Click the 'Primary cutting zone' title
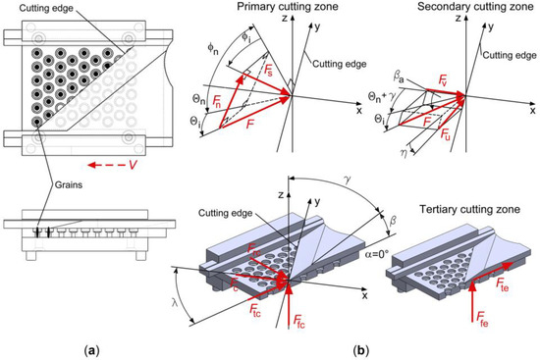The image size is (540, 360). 288,6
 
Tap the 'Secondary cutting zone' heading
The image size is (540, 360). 475,6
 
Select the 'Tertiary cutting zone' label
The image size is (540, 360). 469,209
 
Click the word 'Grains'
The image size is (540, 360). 69,184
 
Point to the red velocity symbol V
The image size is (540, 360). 133,165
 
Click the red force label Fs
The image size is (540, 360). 268,73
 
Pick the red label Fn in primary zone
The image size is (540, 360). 217,102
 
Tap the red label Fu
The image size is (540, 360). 446,134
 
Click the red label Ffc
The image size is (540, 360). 298,323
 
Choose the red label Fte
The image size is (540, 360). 502,284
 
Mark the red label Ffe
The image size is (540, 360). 482,322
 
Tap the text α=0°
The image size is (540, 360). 377,254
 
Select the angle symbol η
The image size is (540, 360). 405,153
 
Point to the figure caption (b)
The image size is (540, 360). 361,351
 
